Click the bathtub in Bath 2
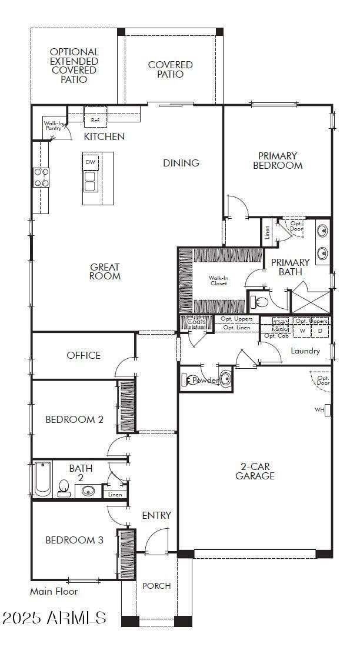(x=42, y=479)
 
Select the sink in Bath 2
(x=88, y=491)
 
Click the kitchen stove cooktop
(x=41, y=177)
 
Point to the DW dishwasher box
(x=90, y=162)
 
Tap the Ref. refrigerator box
(x=95, y=120)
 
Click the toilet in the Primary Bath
(x=259, y=302)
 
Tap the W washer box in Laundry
(x=303, y=331)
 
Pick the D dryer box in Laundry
(x=321, y=331)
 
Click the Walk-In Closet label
(x=218, y=281)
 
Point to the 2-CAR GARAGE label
(x=255, y=471)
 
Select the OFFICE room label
(x=84, y=355)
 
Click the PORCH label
(x=156, y=586)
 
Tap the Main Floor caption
(x=54, y=592)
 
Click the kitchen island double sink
(x=90, y=181)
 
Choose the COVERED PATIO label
(x=170, y=69)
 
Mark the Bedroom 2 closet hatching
(x=127, y=406)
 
